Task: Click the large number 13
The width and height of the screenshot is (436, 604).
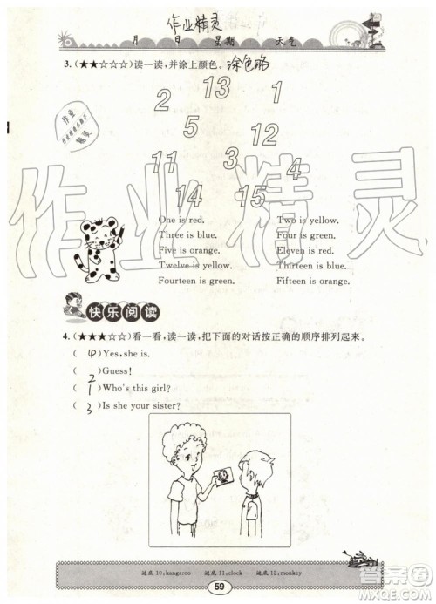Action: pyautogui.click(x=217, y=87)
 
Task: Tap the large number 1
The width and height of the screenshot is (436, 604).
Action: pyautogui.click(x=278, y=92)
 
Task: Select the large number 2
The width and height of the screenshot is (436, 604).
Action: pyautogui.click(x=162, y=101)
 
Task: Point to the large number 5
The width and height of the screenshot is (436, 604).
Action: pyautogui.click(x=191, y=127)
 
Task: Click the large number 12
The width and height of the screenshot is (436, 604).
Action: pyautogui.click(x=263, y=134)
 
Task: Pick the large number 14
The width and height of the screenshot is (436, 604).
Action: pyautogui.click(x=187, y=195)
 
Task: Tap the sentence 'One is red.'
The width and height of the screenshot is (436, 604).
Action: pyautogui.click(x=182, y=221)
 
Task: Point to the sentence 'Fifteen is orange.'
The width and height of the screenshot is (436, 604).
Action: pyautogui.click(x=313, y=282)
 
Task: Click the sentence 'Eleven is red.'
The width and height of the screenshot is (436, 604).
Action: pyautogui.click(x=306, y=251)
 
